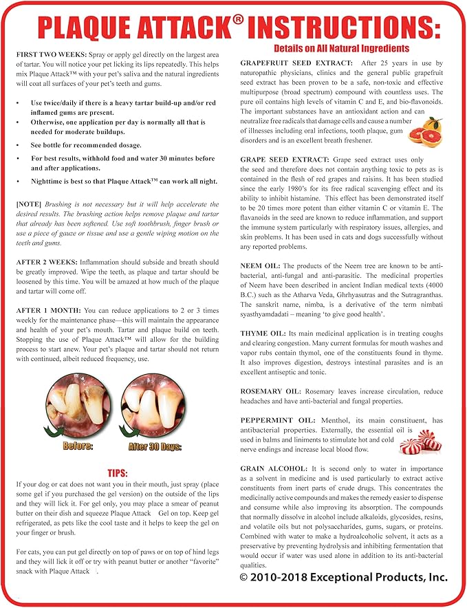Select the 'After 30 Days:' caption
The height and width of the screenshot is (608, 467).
[155, 446]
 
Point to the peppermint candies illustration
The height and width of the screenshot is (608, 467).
[420, 442]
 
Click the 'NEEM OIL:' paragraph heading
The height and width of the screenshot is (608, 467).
[260, 265]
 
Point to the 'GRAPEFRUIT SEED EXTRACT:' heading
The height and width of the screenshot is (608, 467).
[296, 63]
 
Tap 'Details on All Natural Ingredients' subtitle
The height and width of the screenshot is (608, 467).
[341, 48]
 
